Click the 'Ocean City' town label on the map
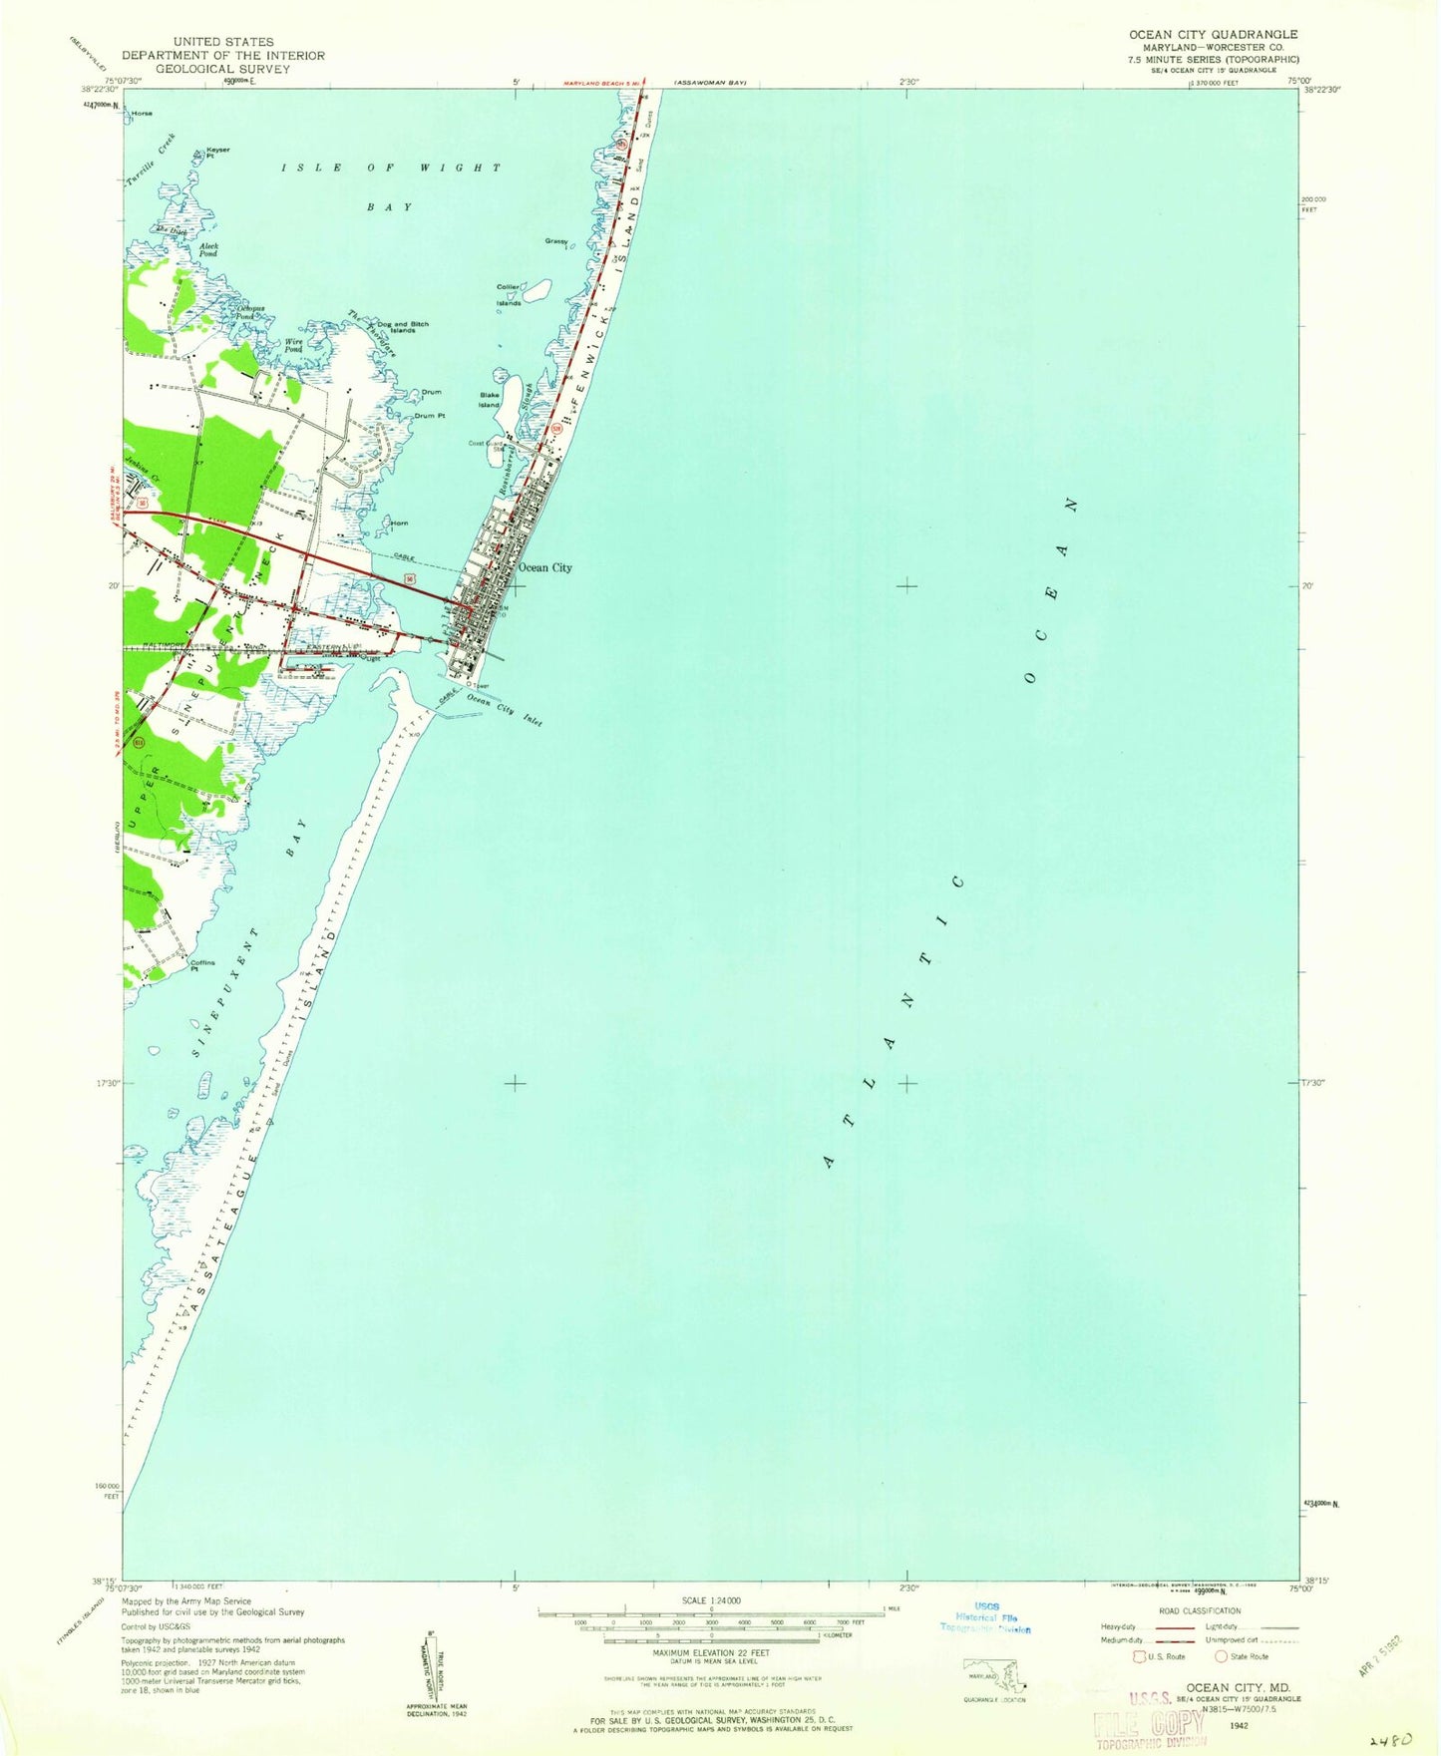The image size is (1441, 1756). (x=544, y=567)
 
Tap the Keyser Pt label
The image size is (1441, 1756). (x=217, y=153)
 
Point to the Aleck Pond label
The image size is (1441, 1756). (x=208, y=249)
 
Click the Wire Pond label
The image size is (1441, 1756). (x=293, y=345)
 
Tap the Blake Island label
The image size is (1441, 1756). (x=489, y=400)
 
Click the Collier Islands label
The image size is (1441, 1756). (x=509, y=295)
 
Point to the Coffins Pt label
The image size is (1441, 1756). (x=202, y=965)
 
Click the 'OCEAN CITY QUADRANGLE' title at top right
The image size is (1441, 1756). (x=1213, y=35)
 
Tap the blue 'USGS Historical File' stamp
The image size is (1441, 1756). (x=986, y=1617)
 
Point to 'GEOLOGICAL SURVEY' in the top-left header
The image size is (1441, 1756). (x=205, y=69)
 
